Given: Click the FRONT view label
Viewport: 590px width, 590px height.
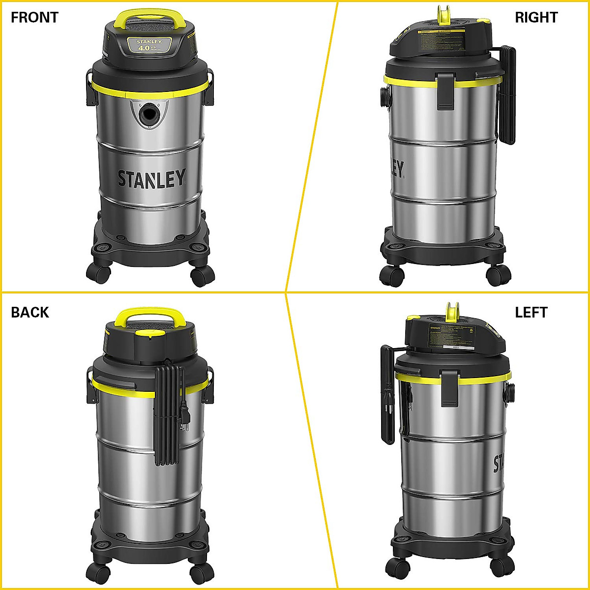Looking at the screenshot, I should (34, 17).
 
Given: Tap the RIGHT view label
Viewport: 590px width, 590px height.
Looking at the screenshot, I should (536, 17).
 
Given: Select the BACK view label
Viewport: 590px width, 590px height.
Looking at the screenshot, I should (30, 312).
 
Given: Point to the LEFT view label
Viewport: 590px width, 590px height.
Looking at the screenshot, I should (531, 312).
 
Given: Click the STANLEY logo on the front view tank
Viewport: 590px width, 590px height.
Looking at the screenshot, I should (151, 178).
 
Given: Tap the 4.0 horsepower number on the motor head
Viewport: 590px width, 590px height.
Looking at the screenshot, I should (144, 48).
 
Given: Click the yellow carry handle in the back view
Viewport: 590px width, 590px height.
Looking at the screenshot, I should (150, 315).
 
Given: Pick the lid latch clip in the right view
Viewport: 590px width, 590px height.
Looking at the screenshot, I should (446, 90).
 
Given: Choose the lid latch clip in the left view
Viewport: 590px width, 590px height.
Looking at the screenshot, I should (450, 388).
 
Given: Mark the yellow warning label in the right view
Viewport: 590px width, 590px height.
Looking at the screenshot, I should (442, 31).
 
